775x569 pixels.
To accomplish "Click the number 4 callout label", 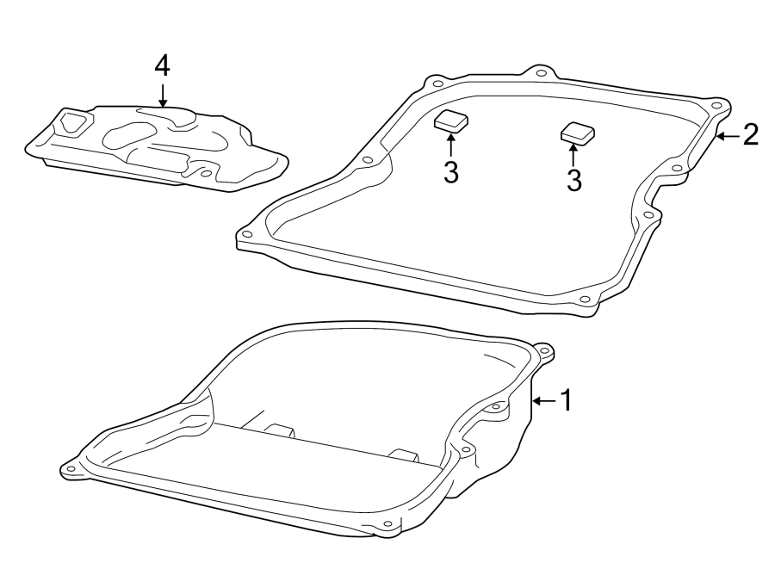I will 163,66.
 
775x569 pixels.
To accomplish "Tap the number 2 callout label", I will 750,134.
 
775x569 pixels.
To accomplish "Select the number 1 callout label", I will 566,400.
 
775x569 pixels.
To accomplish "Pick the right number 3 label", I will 573,179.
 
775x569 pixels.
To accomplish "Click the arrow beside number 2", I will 728,135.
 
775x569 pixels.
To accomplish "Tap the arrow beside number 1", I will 543,401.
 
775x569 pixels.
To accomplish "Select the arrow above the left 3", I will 450,145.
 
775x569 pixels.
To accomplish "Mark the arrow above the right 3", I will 573,153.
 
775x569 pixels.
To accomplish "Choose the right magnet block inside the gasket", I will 577,133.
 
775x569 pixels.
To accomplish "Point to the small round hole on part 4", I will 205,173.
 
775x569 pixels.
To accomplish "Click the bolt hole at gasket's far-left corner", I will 248,233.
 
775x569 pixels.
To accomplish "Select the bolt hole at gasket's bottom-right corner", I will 585,300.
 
